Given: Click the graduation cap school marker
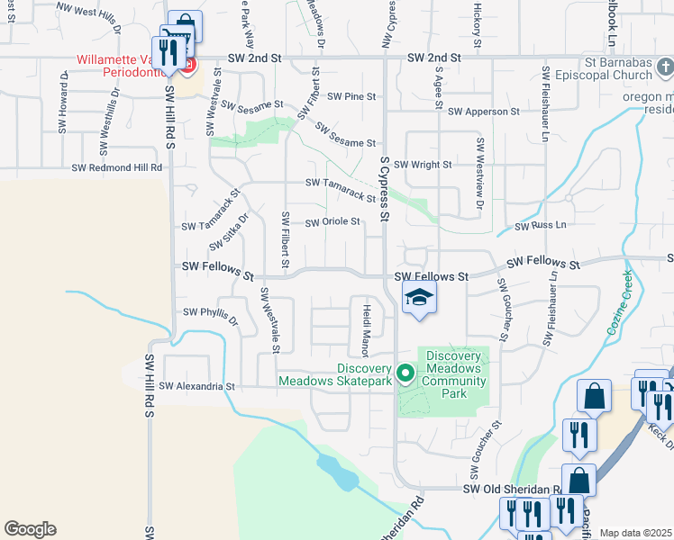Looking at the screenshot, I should tap(419, 297).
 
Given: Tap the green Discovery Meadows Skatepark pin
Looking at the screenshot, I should tap(405, 371).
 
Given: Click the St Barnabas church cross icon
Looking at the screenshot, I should tap(664, 67).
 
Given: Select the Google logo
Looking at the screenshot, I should tap(30, 528).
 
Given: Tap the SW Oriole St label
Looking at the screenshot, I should tap(332, 221).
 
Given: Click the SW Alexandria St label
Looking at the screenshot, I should tap(196, 386).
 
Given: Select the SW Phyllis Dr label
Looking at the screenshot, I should tap(210, 315).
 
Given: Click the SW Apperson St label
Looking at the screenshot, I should tap(484, 112).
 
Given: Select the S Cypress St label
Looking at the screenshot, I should tap(384, 189).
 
